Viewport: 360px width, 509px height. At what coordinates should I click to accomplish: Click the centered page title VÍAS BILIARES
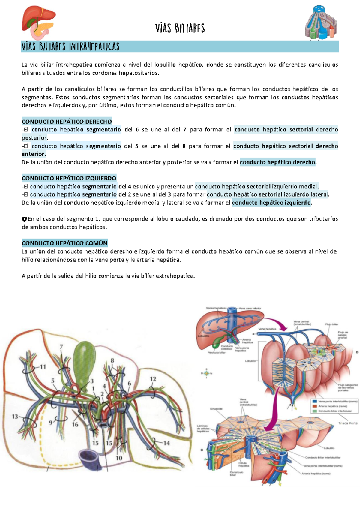[180, 29]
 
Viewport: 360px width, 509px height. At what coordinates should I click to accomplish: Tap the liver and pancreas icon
[38, 23]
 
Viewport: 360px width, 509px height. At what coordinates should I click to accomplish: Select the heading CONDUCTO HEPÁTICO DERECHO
[67, 122]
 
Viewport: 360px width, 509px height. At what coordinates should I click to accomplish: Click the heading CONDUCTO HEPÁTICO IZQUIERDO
[69, 178]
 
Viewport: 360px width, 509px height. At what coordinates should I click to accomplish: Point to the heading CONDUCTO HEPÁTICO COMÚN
[64, 243]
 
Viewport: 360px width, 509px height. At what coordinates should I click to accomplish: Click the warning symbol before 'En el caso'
[24, 219]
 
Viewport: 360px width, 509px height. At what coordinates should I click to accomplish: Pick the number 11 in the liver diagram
[43, 366]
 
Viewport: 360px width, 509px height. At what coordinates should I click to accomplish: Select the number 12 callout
[153, 379]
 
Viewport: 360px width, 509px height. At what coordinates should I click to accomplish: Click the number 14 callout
[166, 443]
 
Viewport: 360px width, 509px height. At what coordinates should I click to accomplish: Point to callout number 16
[75, 424]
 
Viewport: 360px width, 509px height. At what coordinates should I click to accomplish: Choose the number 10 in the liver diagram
[119, 458]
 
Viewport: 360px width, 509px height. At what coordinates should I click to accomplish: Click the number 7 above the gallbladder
[61, 347]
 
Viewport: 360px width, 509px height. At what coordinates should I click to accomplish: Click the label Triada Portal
[348, 423]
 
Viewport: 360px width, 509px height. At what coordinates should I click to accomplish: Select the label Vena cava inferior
[250, 308]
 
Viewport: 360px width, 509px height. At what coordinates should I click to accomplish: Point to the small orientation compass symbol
[206, 373]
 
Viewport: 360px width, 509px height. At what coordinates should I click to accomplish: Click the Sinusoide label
[216, 409]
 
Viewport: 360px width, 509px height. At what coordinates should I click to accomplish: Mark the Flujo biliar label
[331, 324]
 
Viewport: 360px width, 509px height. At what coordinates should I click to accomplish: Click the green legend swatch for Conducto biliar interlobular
[315, 411]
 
